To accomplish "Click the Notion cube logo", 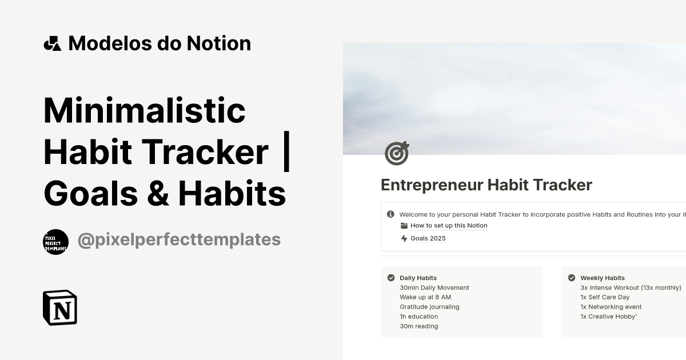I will (x=60, y=307).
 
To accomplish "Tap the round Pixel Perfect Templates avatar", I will (x=55, y=242).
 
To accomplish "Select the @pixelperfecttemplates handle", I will (x=179, y=239).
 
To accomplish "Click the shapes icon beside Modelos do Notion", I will (x=52, y=43).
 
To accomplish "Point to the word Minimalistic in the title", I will (x=144, y=110).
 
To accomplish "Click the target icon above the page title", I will (x=397, y=153).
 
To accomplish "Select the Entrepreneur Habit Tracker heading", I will (x=486, y=185).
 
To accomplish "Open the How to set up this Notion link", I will (x=449, y=226).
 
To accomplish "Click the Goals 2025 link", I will (x=428, y=238).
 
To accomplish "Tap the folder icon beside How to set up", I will (x=404, y=226).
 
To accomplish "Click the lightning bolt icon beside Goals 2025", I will (x=404, y=238).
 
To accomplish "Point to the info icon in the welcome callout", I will (x=390, y=214).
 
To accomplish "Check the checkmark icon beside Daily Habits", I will (x=391, y=278).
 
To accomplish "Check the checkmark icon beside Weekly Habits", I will (x=572, y=278).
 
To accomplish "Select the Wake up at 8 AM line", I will (x=425, y=297).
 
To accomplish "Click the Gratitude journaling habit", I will (x=429, y=307).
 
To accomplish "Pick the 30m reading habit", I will (x=418, y=326).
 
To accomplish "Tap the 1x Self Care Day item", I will (x=605, y=297).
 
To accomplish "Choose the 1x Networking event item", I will (x=611, y=307).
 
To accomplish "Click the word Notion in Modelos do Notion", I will (x=220, y=43).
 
